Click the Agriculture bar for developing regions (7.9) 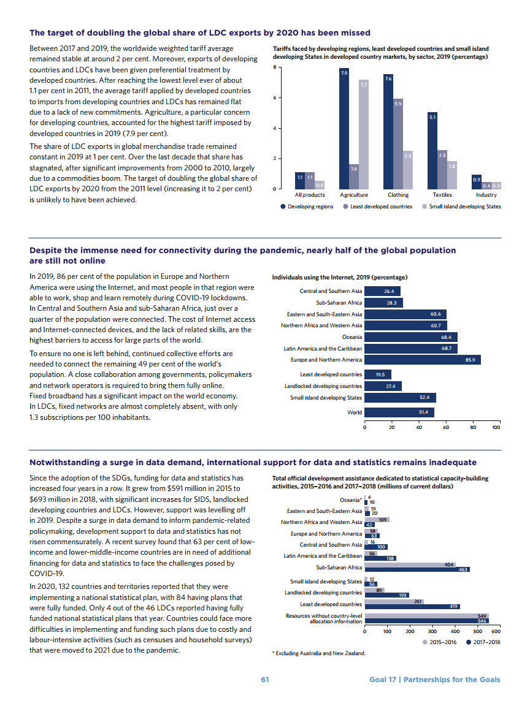point(344,129)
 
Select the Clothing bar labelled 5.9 point(398,144)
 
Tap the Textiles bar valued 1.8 point(452,175)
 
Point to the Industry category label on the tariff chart point(486,195)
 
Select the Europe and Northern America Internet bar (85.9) point(423,360)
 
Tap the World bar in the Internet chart point(399,412)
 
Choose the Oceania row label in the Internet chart point(351,337)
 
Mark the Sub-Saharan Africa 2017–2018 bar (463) point(417,570)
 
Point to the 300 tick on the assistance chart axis point(432,631)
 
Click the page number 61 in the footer point(265,679)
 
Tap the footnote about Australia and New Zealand point(318,653)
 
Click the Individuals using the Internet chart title point(340,278)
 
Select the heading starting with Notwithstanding point(253,462)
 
